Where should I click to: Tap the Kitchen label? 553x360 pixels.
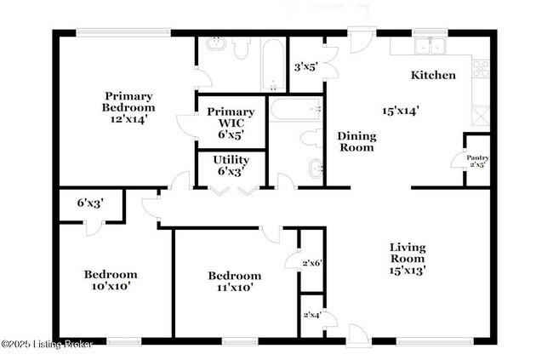[433, 75]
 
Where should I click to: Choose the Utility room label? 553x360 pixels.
[231, 165]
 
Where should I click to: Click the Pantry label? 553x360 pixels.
[476, 157]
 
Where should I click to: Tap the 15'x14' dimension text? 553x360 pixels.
[400, 110]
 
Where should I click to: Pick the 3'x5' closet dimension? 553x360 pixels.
[305, 66]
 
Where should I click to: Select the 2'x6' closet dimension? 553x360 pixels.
[311, 264]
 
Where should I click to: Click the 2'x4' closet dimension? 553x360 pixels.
[311, 316]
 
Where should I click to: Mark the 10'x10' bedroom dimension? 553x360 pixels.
[110, 287]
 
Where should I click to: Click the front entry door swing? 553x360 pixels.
[358, 334]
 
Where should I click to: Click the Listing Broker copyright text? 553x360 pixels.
[47, 344]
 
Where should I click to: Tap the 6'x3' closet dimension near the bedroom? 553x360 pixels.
[89, 203]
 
